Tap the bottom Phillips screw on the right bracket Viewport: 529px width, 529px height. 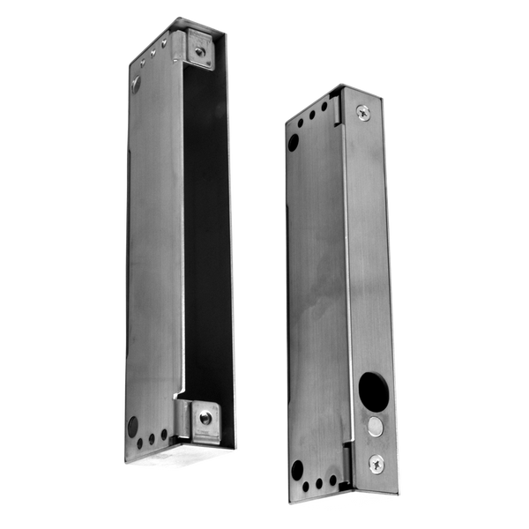coord(376,461)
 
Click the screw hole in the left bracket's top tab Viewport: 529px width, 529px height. coord(200,52)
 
